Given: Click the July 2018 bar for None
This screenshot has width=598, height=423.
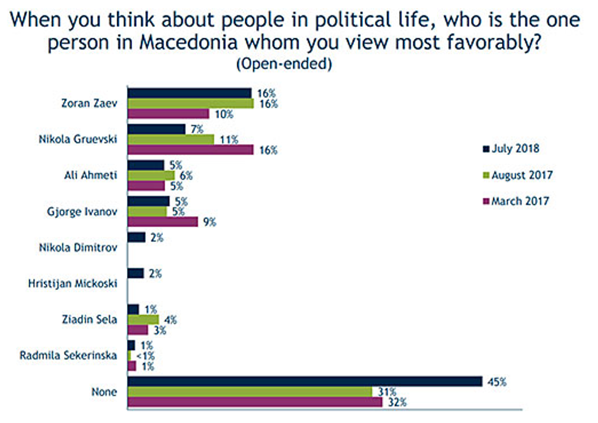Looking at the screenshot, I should tap(305, 381).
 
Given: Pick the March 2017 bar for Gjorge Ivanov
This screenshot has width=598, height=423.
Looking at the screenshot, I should tap(162, 222).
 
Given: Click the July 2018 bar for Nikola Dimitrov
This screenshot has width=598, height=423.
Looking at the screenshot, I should tap(136, 237).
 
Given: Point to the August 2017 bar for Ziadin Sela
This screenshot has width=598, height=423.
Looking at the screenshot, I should tap(143, 319).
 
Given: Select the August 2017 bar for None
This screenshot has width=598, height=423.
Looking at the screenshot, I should tap(250, 391).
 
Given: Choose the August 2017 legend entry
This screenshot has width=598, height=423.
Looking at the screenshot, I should tap(517, 175).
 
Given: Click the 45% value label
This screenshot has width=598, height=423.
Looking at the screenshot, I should tap(497, 382).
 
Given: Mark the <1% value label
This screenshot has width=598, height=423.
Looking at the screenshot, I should tap(142, 356).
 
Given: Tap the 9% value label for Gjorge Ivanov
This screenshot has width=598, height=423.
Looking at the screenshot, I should tap(209, 222).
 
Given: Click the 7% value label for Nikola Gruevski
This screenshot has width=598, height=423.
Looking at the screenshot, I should tap(196, 129).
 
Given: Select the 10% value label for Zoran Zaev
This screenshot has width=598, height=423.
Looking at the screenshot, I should tap(222, 114).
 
